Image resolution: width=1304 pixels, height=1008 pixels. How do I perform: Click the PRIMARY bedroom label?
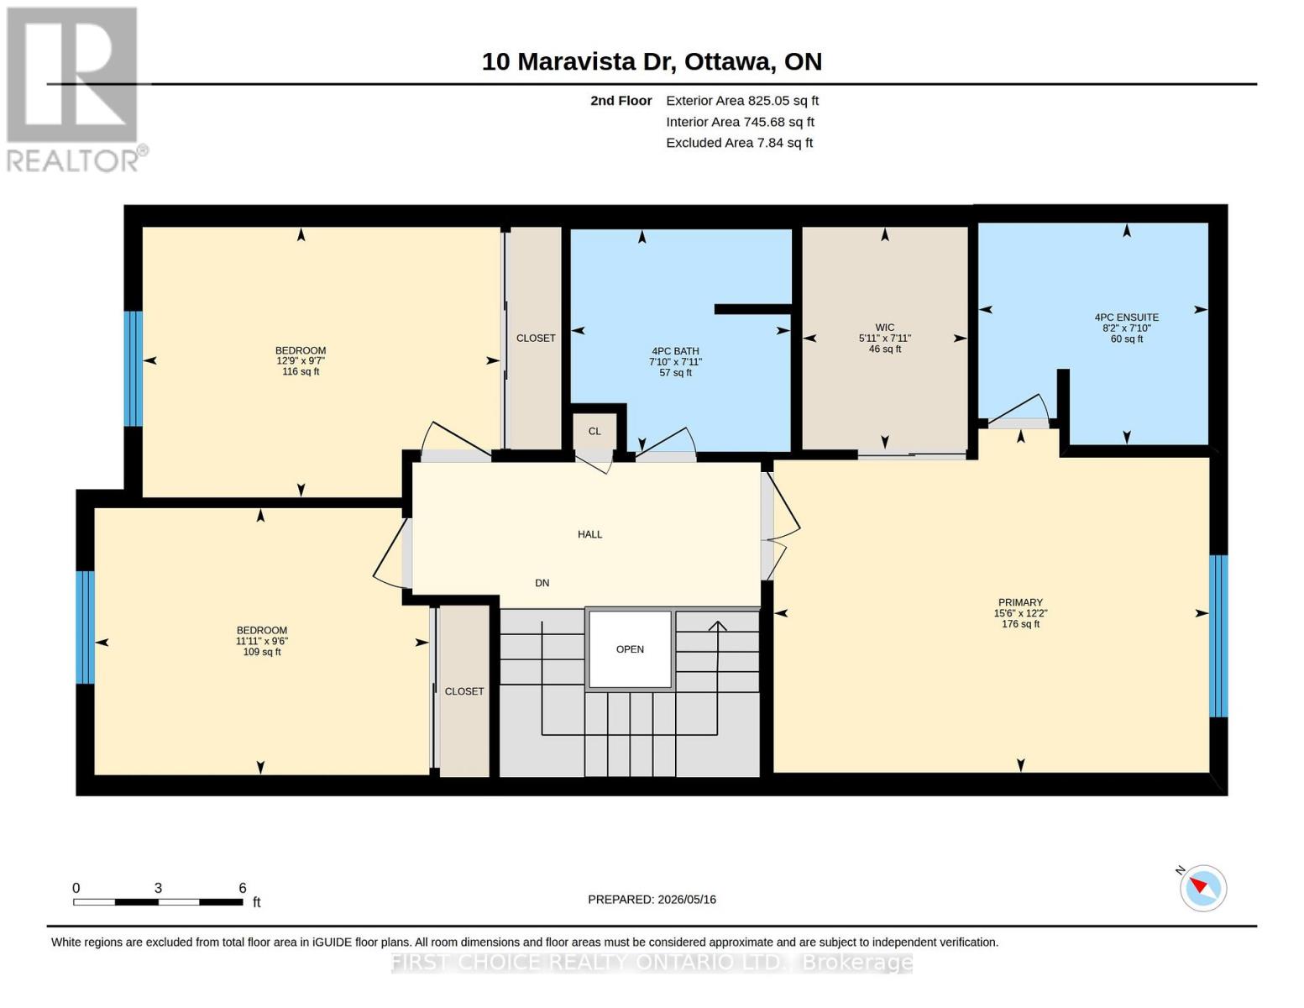[1020, 602]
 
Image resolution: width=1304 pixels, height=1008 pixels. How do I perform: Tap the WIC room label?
[884, 328]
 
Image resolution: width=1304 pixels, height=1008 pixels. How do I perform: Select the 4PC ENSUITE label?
[1126, 317]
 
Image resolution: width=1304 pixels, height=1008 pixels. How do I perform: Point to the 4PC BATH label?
[675, 351]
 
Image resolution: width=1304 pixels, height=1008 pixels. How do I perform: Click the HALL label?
[590, 534]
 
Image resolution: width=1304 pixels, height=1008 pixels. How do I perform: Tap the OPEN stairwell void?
[630, 649]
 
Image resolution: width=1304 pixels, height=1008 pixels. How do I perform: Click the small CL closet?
[594, 431]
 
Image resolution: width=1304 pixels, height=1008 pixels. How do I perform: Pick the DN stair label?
[542, 583]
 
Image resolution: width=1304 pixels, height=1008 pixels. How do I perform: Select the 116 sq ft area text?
[301, 371]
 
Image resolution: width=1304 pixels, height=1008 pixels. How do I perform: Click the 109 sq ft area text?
[262, 652]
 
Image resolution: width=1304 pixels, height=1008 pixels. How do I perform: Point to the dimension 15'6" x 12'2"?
[1020, 613]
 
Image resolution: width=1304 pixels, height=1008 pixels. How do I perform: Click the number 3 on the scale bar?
[158, 888]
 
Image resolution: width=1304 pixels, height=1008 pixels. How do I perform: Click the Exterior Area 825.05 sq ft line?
[742, 101]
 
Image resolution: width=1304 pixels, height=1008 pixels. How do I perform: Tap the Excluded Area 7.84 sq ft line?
[739, 143]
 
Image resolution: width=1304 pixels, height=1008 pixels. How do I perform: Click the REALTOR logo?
[75, 90]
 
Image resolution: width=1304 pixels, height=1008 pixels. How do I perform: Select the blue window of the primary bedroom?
[1218, 636]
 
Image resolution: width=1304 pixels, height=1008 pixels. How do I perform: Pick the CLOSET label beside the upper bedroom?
[536, 338]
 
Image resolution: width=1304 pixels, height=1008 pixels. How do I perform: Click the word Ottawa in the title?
[728, 62]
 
